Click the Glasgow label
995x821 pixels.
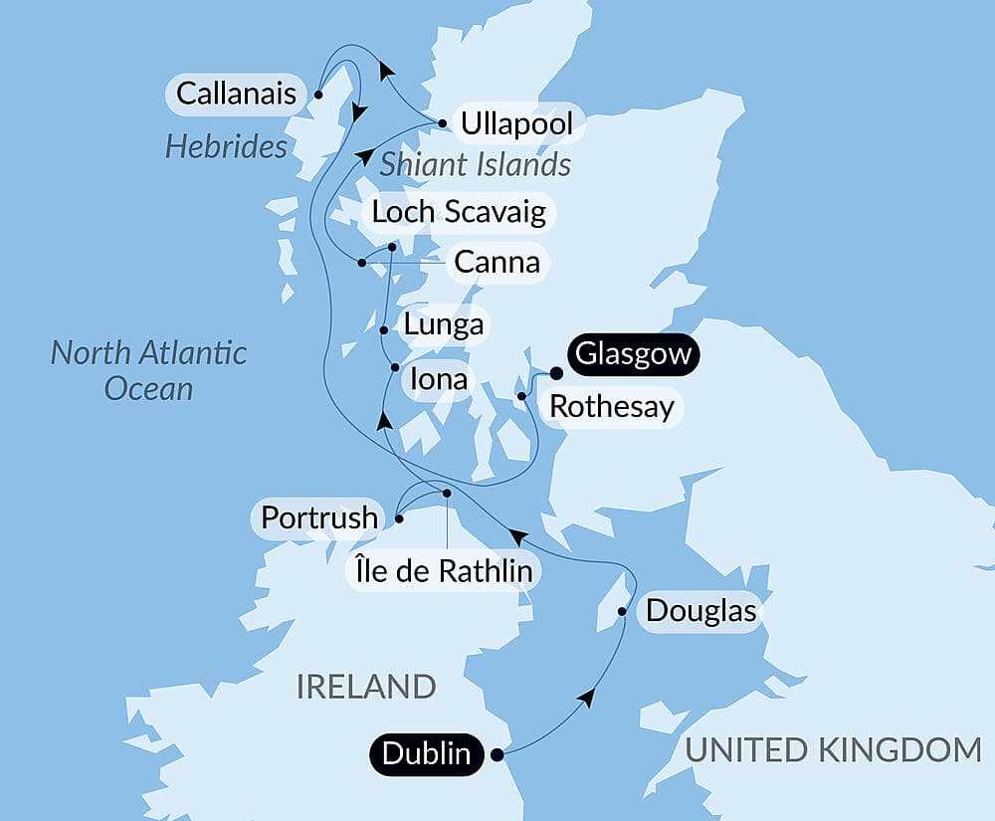click(632, 355)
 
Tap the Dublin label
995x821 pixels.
click(428, 753)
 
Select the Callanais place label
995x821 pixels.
click(236, 94)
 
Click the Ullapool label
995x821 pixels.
click(517, 124)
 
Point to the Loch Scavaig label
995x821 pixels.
click(458, 212)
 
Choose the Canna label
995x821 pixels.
click(497, 262)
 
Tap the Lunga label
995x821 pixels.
click(444, 324)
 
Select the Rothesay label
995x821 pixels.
click(612, 406)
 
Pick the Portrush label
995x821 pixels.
click(319, 518)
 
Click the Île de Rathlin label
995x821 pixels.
click(444, 570)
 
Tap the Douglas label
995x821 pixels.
click(701, 610)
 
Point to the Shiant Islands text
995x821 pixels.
click(475, 163)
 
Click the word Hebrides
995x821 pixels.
click(226, 147)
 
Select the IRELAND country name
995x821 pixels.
click(365, 686)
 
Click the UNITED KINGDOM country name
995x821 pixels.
click(833, 749)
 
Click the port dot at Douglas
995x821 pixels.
click(623, 611)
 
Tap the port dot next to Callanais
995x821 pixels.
click(318, 95)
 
